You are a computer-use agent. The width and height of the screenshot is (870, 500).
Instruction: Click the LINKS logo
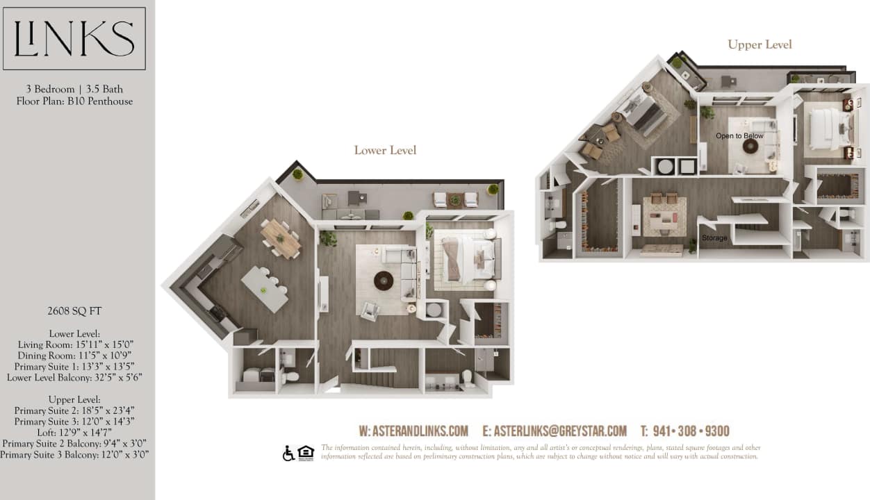[x=74, y=39]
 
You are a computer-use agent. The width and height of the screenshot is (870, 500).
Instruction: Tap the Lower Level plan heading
[x=385, y=150]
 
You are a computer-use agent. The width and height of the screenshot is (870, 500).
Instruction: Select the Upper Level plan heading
[x=760, y=44]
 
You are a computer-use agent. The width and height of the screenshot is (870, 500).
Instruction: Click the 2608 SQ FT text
[x=74, y=312]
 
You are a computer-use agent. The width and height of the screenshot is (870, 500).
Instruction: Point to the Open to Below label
[x=739, y=135]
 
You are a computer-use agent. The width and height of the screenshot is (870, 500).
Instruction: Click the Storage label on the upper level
[x=714, y=238]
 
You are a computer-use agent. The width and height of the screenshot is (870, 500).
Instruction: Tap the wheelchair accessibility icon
[x=288, y=453]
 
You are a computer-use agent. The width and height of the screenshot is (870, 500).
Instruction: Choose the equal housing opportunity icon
[x=306, y=453]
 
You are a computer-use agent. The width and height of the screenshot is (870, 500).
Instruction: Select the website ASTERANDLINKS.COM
[x=413, y=431]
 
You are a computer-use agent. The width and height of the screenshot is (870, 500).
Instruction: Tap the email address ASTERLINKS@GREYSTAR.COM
[x=555, y=431]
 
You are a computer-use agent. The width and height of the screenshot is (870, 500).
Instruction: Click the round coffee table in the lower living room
[x=384, y=281]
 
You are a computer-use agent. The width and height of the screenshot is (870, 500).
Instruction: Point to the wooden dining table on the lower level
[x=281, y=237]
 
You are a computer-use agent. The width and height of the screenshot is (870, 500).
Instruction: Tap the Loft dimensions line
[x=74, y=433]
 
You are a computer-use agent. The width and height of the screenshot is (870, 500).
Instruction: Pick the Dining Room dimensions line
[x=74, y=356]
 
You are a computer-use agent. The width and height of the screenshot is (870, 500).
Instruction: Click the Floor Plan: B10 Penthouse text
[x=74, y=101]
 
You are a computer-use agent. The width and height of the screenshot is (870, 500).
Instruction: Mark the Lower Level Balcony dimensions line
[x=74, y=378]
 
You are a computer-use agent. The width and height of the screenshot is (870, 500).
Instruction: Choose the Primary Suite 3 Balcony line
[x=74, y=455]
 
